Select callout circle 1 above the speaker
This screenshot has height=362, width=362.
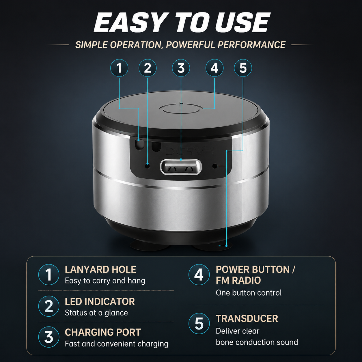[119, 68]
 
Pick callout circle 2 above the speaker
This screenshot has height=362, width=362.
[148, 68]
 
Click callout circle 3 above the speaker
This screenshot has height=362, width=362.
[181, 68]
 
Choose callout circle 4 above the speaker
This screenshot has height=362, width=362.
[214, 68]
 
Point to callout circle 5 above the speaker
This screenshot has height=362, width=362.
[243, 68]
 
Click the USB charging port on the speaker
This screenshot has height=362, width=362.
[181, 167]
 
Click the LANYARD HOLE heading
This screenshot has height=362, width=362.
[100, 270]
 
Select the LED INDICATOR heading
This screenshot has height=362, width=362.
[100, 302]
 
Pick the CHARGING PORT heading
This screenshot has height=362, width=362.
[103, 332]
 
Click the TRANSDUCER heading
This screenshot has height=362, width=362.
[247, 318]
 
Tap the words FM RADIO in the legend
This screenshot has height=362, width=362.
[238, 280]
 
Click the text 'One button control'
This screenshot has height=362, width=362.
[249, 293]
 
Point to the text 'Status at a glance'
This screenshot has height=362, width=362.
[96, 313]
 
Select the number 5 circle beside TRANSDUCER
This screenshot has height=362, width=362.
[199, 324]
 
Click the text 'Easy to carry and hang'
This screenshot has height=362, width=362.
[105, 281]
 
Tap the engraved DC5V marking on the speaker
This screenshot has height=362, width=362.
[190, 151]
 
